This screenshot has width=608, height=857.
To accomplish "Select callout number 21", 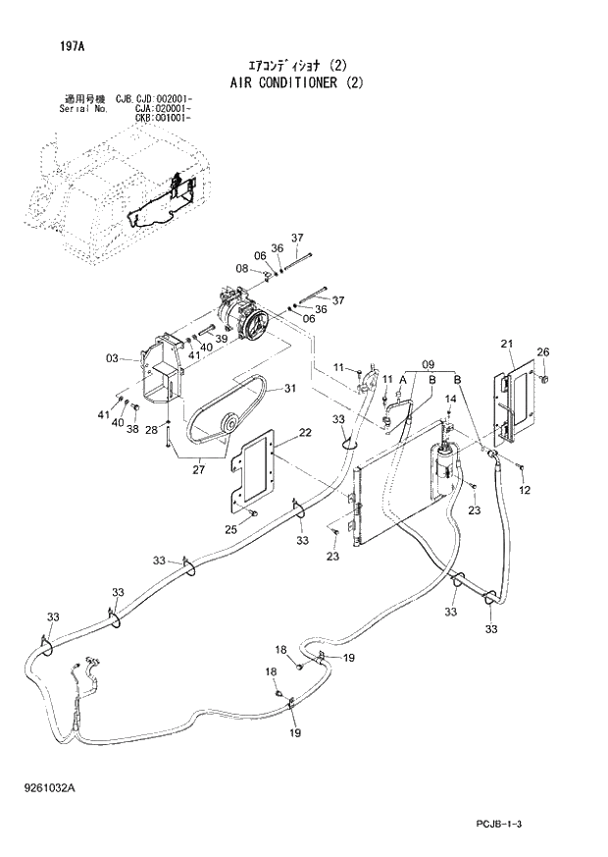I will pos(507,343).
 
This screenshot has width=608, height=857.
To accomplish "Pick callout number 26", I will pos(542,352).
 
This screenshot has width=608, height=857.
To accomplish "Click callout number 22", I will pos(305,433).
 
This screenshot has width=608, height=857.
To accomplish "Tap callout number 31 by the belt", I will pos(289,389).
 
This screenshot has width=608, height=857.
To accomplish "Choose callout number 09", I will pos(428,364).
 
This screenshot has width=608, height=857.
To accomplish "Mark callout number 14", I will pos(450,399).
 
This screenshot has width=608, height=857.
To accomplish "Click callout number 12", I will pos(525,490).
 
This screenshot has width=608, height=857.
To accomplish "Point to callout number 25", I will pos(232,530).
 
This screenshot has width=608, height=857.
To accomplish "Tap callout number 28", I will pos(151,430).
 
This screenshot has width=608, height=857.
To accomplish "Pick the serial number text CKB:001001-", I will pos(163,118).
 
